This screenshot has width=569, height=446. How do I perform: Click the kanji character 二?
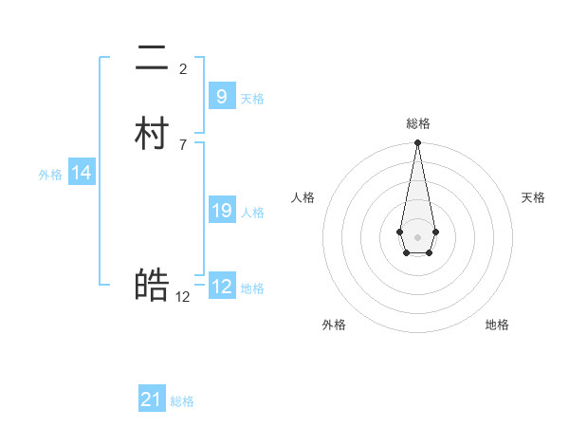tap(152, 60)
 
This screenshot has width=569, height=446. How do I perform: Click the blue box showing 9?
tap(221, 96)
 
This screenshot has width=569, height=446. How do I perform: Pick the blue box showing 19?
tap(221, 210)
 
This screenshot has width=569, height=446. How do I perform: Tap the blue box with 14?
tap(82, 173)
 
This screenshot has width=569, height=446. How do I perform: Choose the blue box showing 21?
tap(152, 400)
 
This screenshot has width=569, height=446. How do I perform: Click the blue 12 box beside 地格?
tap(221, 286)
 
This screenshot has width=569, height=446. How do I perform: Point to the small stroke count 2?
tap(183, 68)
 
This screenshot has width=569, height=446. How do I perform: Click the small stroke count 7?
tap(183, 144)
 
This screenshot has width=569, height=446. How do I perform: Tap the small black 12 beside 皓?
tap(183, 296)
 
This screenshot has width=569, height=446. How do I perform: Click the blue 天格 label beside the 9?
tap(252, 98)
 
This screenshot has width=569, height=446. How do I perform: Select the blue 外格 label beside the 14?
tap(50, 175)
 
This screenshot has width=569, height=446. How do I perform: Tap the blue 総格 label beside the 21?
tap(182, 401)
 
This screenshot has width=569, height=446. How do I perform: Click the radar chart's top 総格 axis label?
tap(417, 123)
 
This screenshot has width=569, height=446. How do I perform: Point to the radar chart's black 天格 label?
tap(533, 197)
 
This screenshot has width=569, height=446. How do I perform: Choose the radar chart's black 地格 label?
tap(497, 325)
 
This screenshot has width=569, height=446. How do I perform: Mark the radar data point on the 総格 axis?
tap(417, 143)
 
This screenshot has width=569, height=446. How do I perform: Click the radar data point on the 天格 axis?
tap(435, 232)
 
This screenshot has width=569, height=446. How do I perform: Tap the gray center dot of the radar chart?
tap(417, 236)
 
